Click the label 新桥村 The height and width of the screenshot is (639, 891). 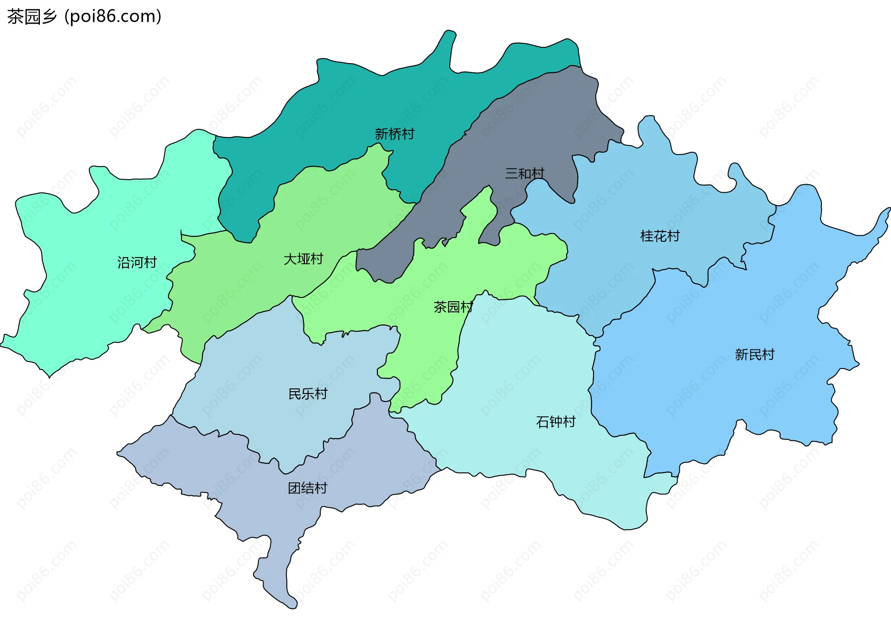(394, 134)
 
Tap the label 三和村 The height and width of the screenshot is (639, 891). (524, 174)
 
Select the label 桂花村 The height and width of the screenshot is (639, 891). (659, 236)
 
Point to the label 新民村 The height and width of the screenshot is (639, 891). (755, 355)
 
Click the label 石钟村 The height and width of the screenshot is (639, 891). (555, 422)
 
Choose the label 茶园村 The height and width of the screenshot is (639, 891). (453, 307)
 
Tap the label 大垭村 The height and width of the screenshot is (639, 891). (303, 259)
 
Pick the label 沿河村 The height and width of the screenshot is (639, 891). (137, 263)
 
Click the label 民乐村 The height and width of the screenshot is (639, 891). (308, 394)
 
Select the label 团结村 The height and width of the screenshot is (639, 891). (307, 488)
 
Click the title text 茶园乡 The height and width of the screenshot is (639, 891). (32, 16)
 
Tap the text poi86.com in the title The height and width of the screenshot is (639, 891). (113, 16)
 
